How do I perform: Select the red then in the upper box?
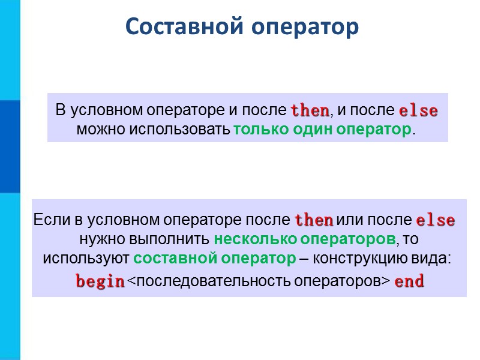pos(310,111)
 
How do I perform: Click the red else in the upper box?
pos(418,111)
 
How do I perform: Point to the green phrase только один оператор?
pos(322,130)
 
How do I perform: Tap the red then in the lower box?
pos(314,220)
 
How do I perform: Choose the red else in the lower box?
pos(435,220)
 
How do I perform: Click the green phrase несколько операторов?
pos(305,239)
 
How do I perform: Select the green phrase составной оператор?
pos(214,259)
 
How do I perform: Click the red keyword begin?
pos(100,281)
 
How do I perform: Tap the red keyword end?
pos(409,281)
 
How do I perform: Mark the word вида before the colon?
pos(432,259)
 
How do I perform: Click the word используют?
pos(86,259)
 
